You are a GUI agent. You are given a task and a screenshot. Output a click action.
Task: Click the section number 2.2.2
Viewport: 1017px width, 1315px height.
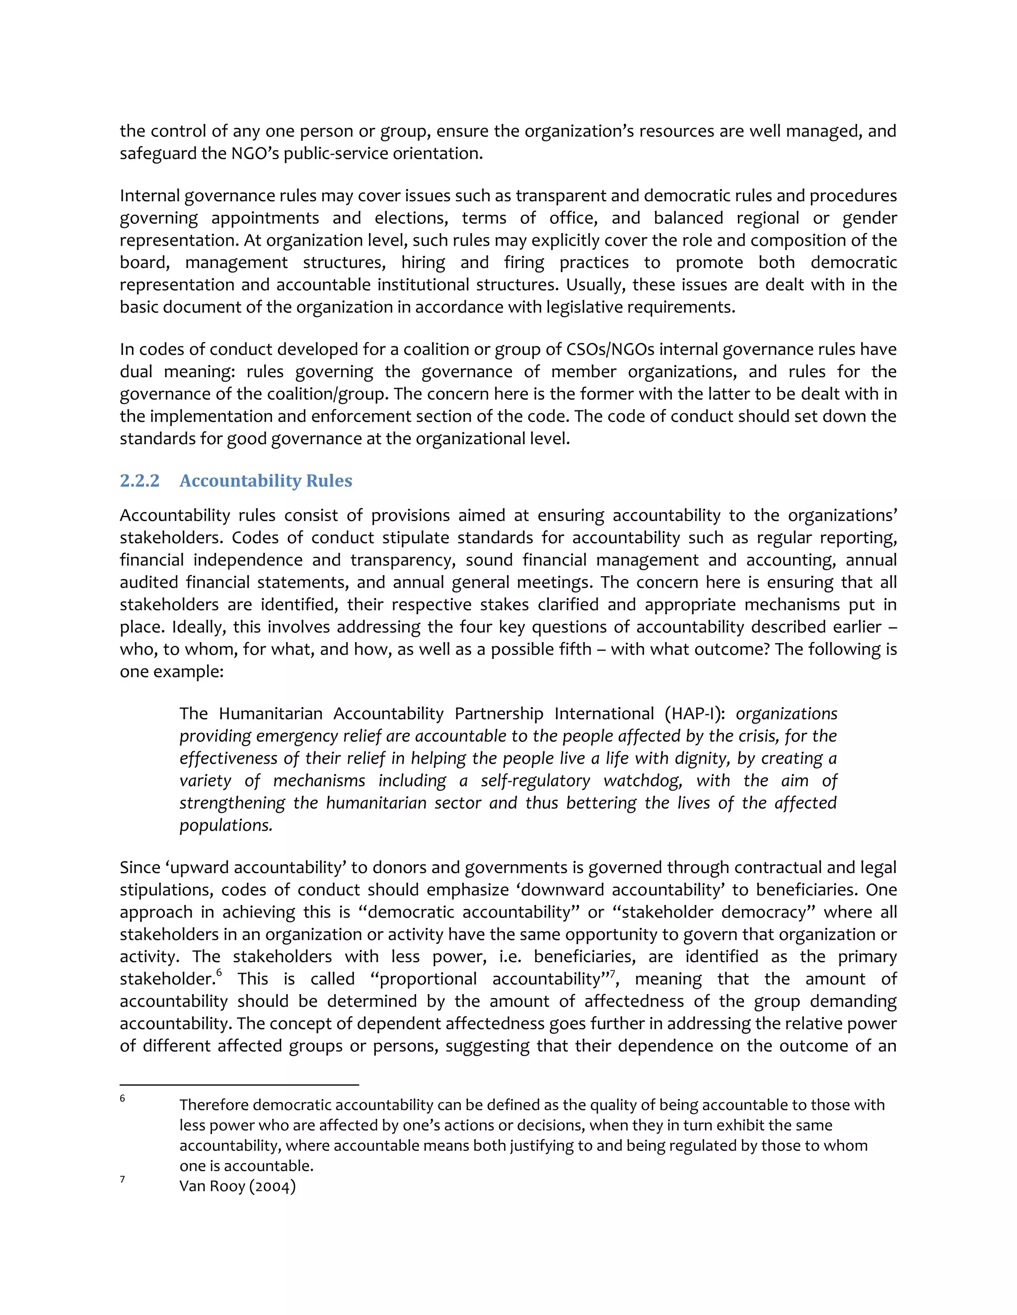(x=139, y=480)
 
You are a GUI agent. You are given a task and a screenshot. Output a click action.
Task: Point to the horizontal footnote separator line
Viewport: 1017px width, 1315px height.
(x=239, y=1084)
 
